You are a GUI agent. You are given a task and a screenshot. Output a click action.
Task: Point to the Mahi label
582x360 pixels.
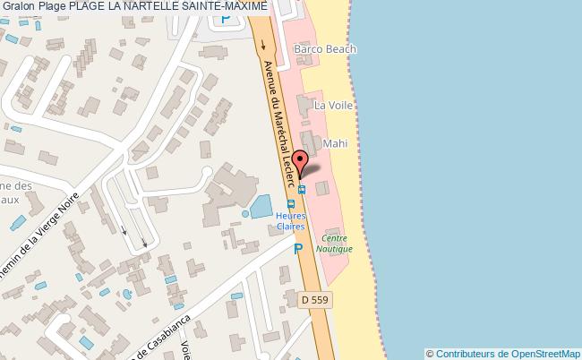point(335,142)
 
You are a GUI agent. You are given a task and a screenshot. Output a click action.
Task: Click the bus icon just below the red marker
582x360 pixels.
point(302,189)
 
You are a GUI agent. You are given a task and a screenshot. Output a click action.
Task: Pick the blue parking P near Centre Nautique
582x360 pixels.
point(298,250)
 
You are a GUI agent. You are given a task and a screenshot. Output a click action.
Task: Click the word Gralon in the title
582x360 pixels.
point(21,7)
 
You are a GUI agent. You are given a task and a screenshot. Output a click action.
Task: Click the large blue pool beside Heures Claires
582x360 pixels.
point(261,207)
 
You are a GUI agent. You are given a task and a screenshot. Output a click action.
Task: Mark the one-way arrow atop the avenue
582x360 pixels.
point(262,41)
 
